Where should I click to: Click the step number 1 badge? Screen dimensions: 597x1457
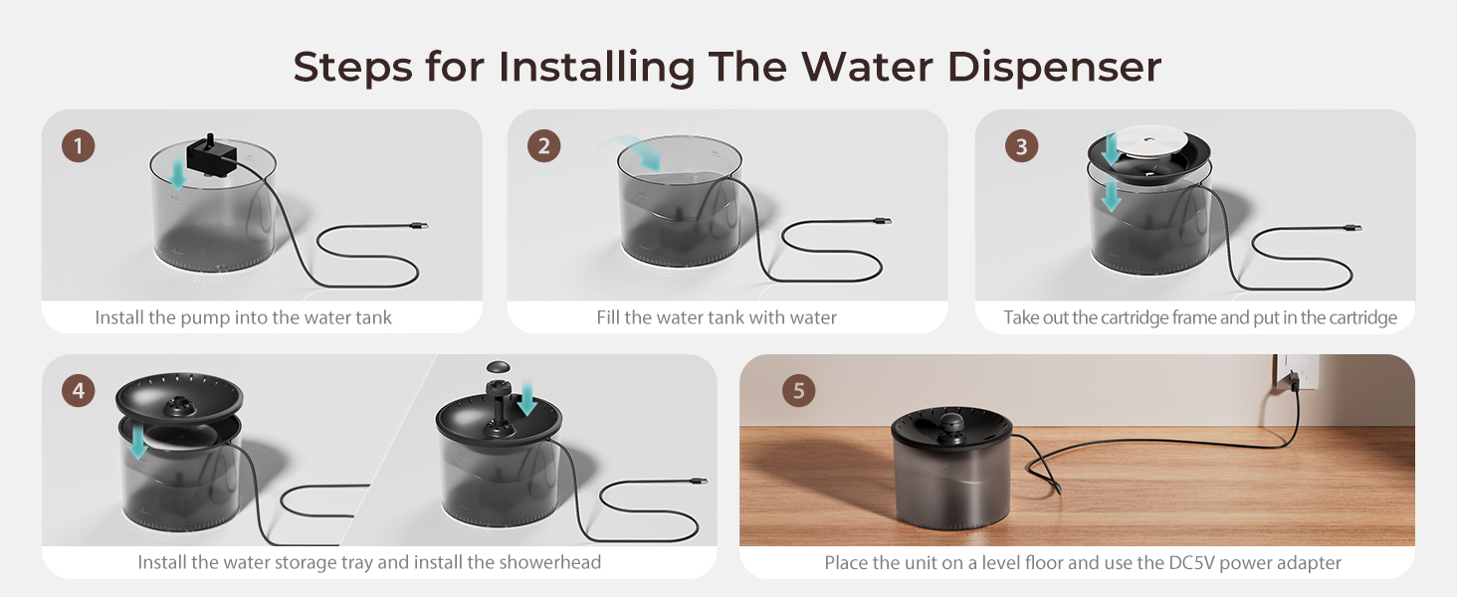point(79,146)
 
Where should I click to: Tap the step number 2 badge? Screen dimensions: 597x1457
point(543,146)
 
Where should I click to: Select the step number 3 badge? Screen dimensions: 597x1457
point(1020,146)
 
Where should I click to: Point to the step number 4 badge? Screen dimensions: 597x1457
point(79,389)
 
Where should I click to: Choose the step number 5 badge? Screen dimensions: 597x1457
point(798,389)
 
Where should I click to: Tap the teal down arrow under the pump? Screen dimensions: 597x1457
point(177,177)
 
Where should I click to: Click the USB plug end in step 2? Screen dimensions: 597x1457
point(881,221)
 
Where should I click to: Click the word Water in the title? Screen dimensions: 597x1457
point(865,67)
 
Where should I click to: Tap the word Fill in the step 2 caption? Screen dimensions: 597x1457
point(609,318)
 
